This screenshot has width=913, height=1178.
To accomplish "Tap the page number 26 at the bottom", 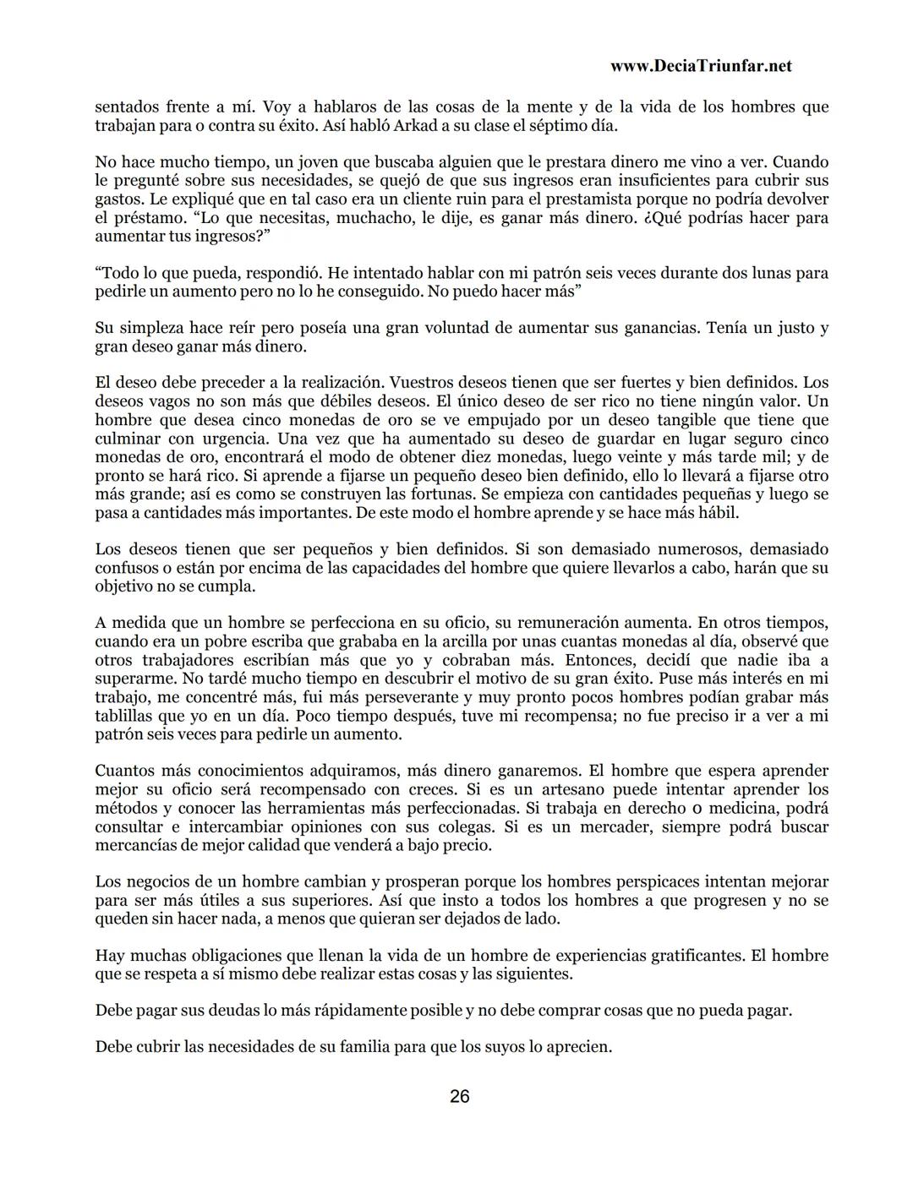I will [460, 1096].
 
